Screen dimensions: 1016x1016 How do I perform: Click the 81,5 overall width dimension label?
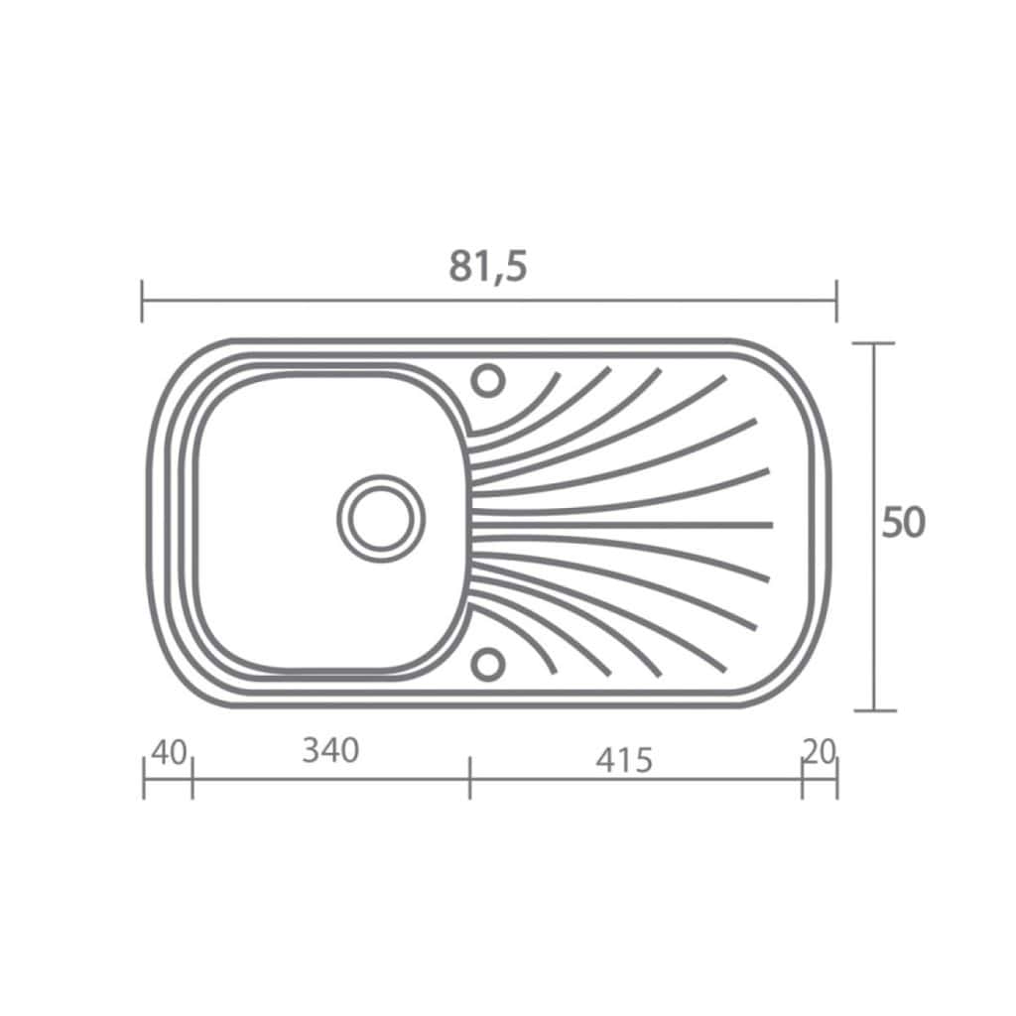coord(488,266)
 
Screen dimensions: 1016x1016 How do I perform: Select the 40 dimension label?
coord(169,752)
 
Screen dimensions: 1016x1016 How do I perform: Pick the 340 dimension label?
coord(330,751)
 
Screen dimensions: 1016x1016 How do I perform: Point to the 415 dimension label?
coord(624,760)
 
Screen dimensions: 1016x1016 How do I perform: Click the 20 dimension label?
coord(819,752)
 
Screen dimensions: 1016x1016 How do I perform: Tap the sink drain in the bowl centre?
coord(381,518)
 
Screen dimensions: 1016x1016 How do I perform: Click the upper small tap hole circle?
coord(487,380)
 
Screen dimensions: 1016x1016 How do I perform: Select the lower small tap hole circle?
coord(487,664)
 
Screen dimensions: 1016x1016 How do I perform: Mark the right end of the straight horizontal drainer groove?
coord(771,524)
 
